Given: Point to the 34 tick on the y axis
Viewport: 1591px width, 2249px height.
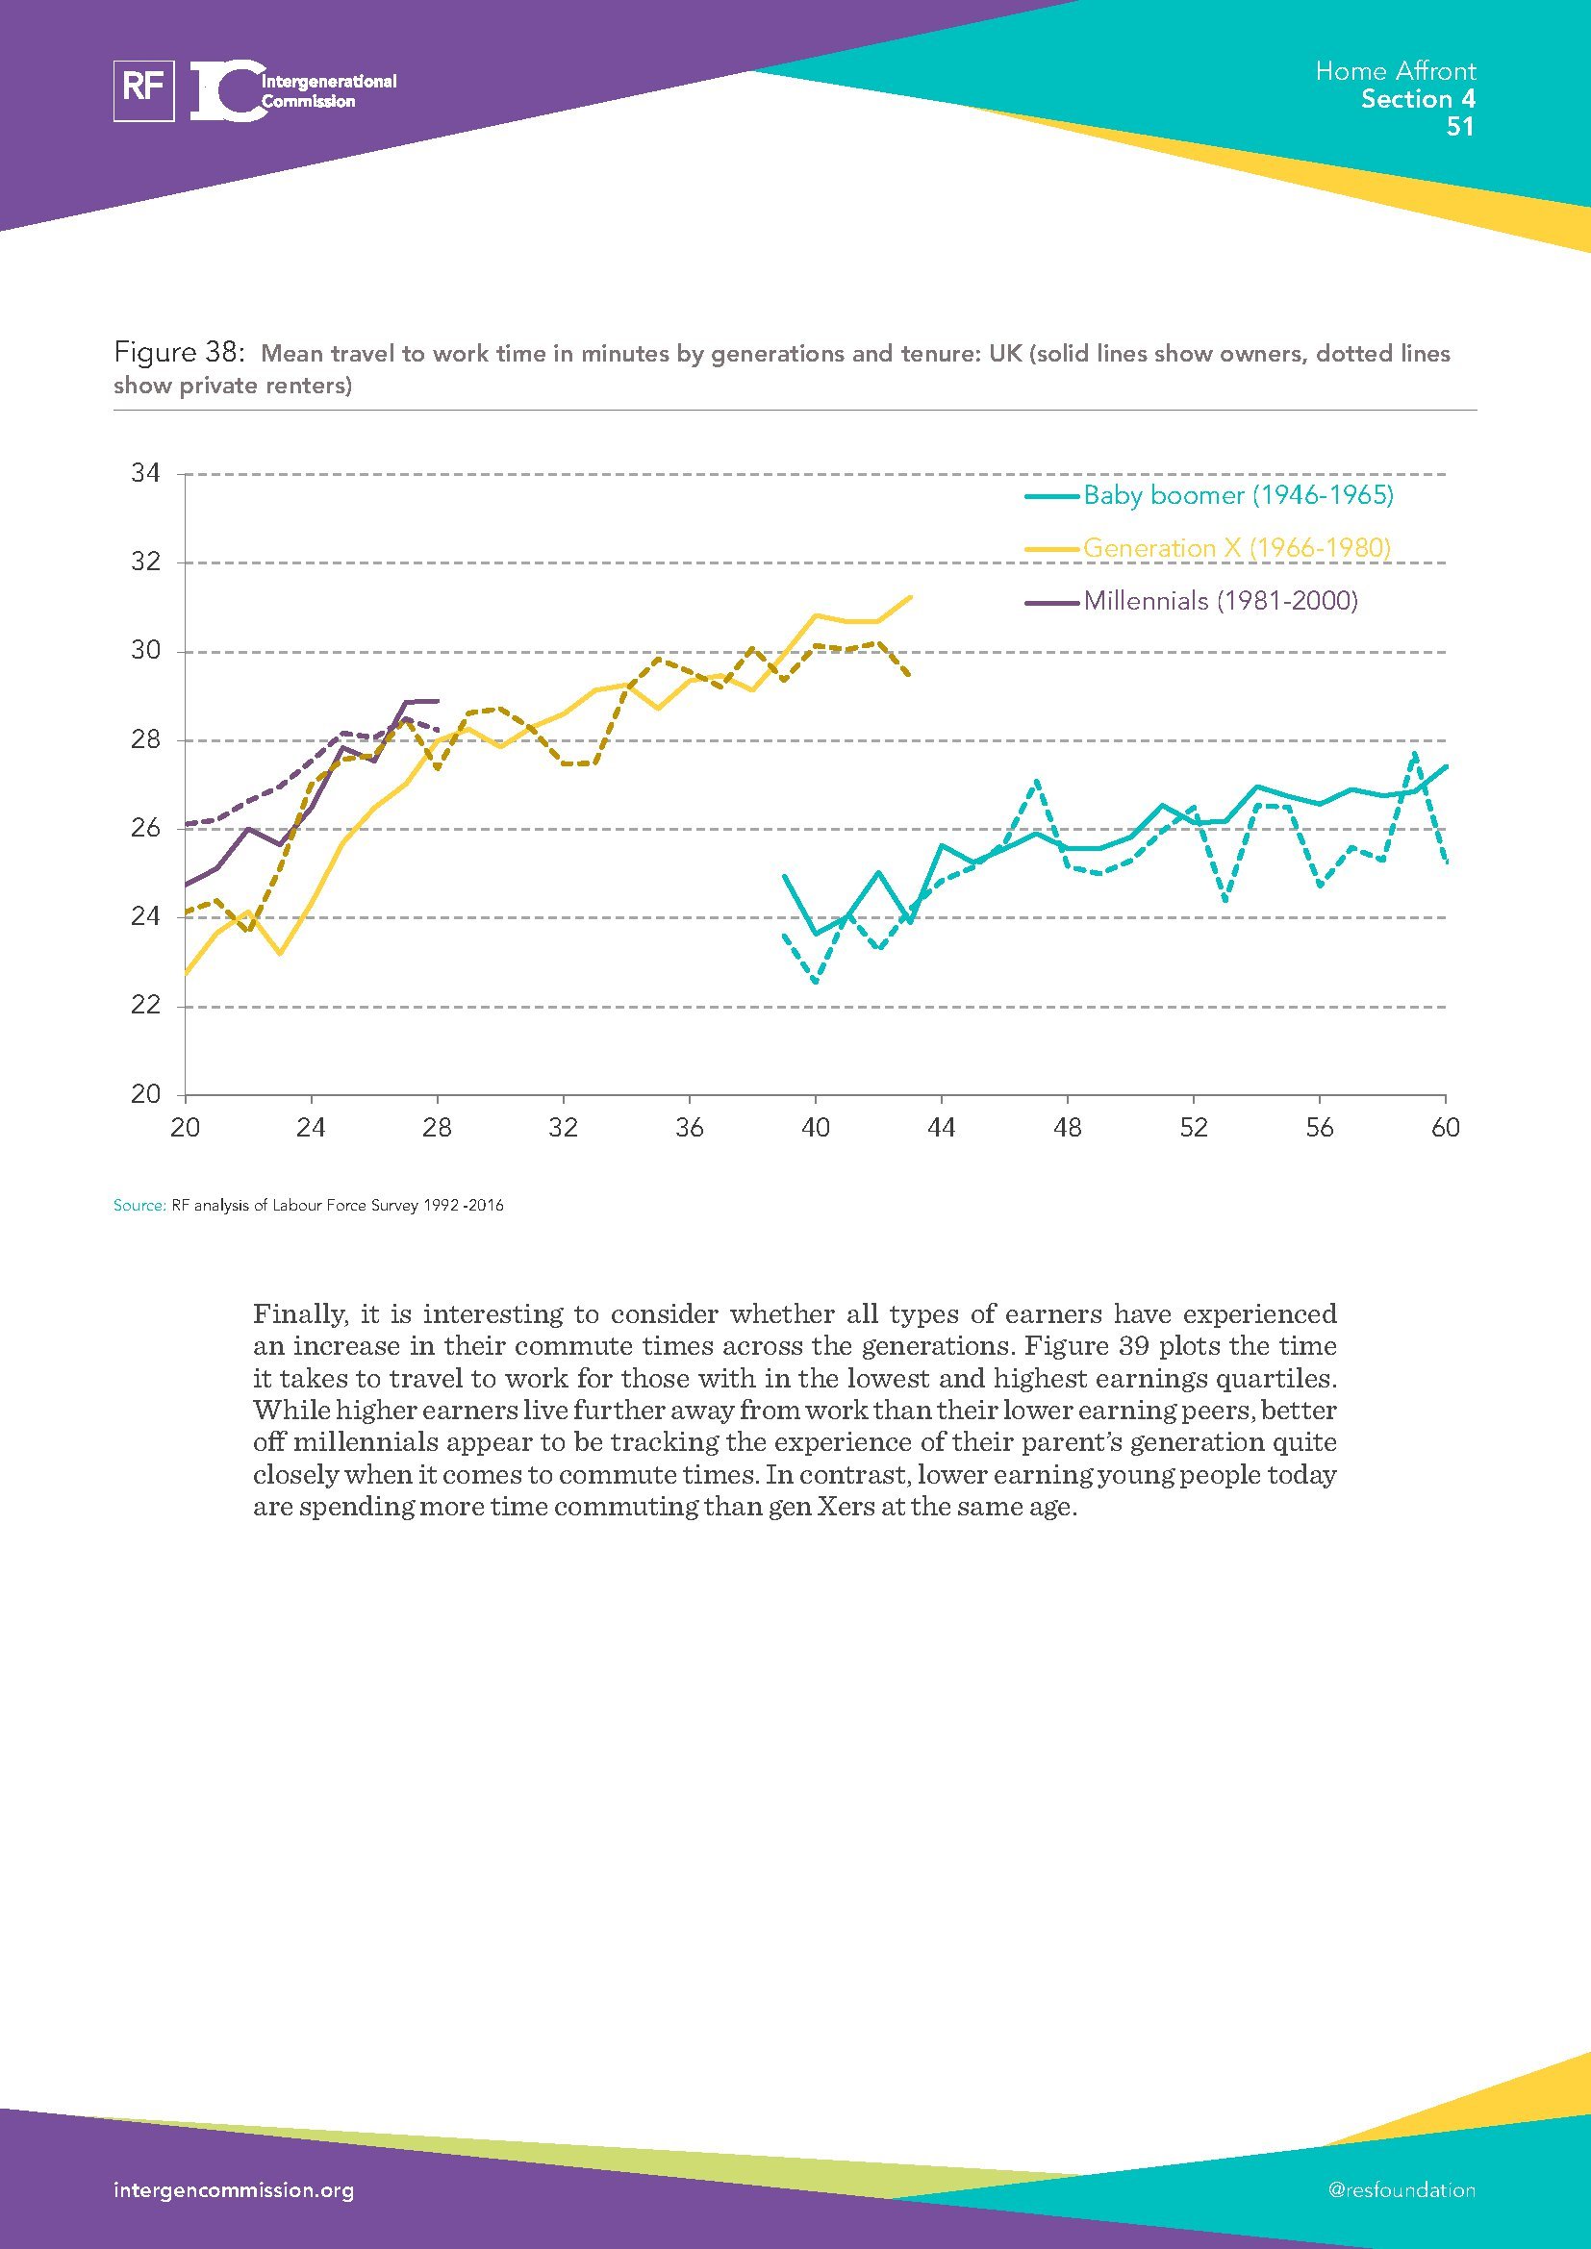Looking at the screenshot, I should point(145,474).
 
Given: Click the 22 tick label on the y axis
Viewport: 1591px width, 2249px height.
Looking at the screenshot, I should point(145,1006).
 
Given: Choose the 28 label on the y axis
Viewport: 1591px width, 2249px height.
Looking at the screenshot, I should point(145,739).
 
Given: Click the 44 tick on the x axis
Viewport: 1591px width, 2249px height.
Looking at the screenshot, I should point(942,1129).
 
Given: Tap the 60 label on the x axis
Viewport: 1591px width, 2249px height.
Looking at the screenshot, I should point(1445,1129).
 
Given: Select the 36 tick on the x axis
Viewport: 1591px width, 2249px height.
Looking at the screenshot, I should point(690,1129).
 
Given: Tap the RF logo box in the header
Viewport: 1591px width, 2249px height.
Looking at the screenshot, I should point(144,91).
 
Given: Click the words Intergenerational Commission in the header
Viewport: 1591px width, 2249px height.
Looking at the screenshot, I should point(327,91).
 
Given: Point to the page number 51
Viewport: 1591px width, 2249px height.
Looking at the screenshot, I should point(1460,127).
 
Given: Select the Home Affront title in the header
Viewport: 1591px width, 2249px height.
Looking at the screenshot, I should point(1395,71).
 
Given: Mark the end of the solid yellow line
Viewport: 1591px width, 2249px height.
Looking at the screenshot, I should point(912,596).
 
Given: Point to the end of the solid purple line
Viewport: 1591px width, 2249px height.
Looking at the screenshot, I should point(437,701).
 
